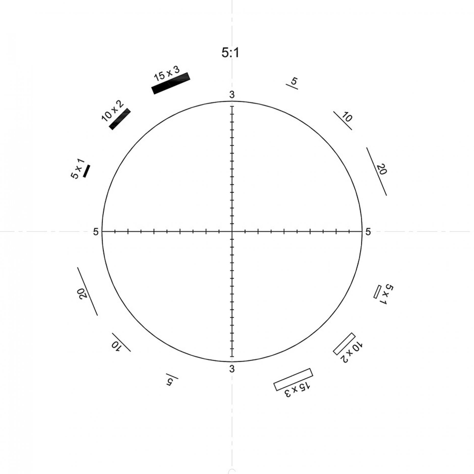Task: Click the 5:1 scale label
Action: point(230,53)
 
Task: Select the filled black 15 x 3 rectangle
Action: point(171,83)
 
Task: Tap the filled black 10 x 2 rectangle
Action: point(120,119)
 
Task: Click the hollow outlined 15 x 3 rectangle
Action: point(293,379)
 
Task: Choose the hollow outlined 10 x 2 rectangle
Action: point(344,344)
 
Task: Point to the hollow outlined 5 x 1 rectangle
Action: point(377,292)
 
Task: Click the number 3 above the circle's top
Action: point(232,95)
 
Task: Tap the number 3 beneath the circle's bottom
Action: point(232,369)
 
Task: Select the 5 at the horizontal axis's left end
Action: point(96,232)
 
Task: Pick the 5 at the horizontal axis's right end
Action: point(368,232)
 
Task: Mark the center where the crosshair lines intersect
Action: point(232,232)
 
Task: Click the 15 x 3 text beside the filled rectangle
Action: point(167,73)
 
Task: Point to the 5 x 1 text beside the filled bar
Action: point(77,169)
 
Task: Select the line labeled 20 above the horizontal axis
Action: point(376,171)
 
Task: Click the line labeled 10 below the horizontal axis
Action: point(121,342)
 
